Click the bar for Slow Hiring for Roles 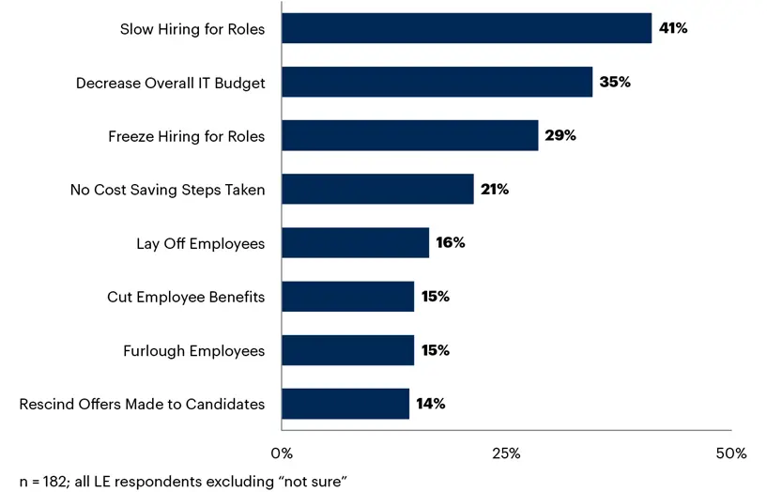467,28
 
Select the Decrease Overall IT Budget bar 437,82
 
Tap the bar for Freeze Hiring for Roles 409,135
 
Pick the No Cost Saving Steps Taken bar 377,189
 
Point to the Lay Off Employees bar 355,243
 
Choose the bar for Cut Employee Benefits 347,297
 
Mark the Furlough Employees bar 347,350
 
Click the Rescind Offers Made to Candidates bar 345,404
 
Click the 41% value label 673,28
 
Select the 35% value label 615,82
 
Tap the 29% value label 560,135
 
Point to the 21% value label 494,189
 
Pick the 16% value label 450,243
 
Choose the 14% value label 430,404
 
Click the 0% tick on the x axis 282,454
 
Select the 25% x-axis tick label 506,454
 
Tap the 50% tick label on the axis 730,454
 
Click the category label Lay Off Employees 200,244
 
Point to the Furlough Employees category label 193,351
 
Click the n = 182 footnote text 183,481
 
